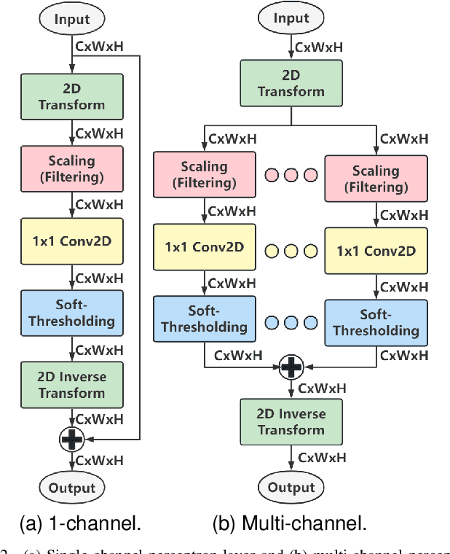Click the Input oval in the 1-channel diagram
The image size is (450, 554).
point(72,20)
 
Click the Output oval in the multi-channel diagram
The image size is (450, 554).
point(291,487)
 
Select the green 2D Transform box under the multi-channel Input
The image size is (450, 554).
point(291,83)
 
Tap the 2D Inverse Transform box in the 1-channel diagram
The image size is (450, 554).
point(72,385)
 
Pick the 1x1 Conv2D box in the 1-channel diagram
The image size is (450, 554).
point(72,240)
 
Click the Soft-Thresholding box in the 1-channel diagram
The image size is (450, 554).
point(72,313)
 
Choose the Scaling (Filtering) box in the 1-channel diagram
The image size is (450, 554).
point(72,168)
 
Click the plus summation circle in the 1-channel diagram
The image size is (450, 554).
point(73,437)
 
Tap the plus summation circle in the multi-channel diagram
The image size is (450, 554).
point(291,367)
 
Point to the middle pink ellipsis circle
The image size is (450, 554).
point(291,175)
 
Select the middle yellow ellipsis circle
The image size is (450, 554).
point(291,251)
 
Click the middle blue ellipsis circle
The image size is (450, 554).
point(291,322)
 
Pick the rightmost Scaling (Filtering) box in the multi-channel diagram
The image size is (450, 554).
point(376,179)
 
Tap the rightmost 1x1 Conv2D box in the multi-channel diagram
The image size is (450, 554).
point(376,251)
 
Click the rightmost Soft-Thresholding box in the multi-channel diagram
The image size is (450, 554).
point(376,323)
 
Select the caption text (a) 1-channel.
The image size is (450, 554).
point(80,523)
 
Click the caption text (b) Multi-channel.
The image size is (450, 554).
point(288,523)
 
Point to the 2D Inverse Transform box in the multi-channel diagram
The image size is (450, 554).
point(291,421)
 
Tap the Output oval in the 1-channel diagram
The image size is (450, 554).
point(72,487)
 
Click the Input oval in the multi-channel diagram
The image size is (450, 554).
point(291,17)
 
